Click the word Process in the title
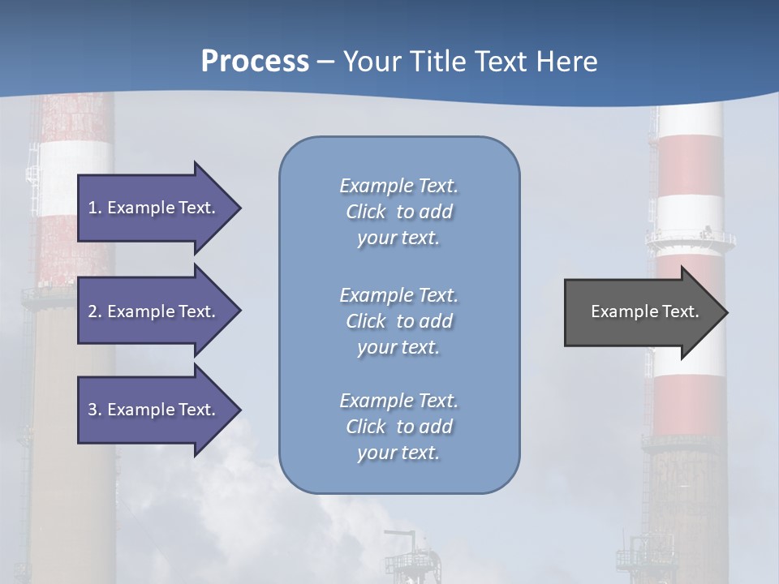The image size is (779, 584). point(255,62)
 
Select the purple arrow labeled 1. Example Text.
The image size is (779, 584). point(154,208)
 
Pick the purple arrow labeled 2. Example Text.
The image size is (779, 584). point(154,311)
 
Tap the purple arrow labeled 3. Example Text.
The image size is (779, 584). point(154,410)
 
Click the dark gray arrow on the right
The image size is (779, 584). point(633,312)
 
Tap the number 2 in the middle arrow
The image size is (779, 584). point(93,311)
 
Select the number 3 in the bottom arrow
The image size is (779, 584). point(93,410)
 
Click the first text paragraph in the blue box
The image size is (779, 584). point(398,212)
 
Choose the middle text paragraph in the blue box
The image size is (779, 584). point(398,321)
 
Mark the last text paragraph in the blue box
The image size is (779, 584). point(398,427)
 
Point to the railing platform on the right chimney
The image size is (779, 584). point(691,239)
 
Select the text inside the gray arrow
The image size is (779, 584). point(644,311)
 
